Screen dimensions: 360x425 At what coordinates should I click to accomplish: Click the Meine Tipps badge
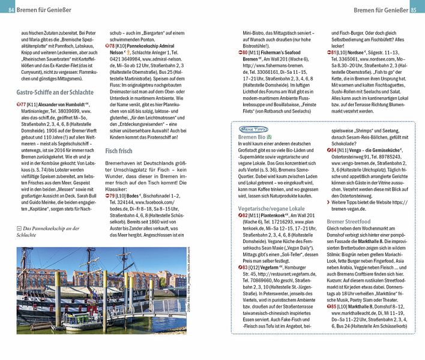(253, 128)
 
